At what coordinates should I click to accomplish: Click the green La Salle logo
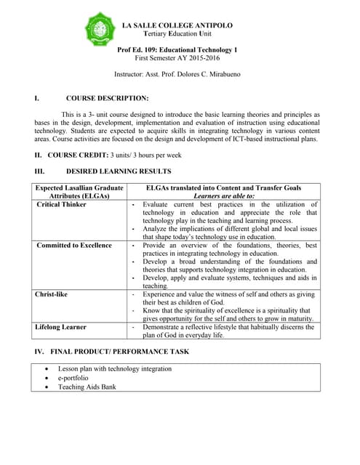point(100,29)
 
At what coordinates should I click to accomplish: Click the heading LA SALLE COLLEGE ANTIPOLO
point(177,25)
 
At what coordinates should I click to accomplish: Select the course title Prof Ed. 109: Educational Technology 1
point(177,49)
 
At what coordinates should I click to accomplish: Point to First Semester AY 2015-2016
point(177,57)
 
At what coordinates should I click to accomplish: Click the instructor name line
point(177,74)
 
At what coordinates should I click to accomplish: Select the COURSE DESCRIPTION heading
point(107,98)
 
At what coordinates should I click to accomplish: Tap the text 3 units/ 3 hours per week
point(145,155)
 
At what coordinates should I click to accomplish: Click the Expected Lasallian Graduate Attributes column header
point(79,192)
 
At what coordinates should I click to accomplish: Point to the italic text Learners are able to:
point(223,196)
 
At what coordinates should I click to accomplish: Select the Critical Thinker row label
point(62,205)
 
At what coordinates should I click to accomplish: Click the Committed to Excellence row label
point(74,246)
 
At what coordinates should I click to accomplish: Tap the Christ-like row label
point(55,294)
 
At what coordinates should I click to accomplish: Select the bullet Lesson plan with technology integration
point(115,368)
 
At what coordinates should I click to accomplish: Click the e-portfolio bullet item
point(73,378)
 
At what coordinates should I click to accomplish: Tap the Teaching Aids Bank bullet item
point(87,387)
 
